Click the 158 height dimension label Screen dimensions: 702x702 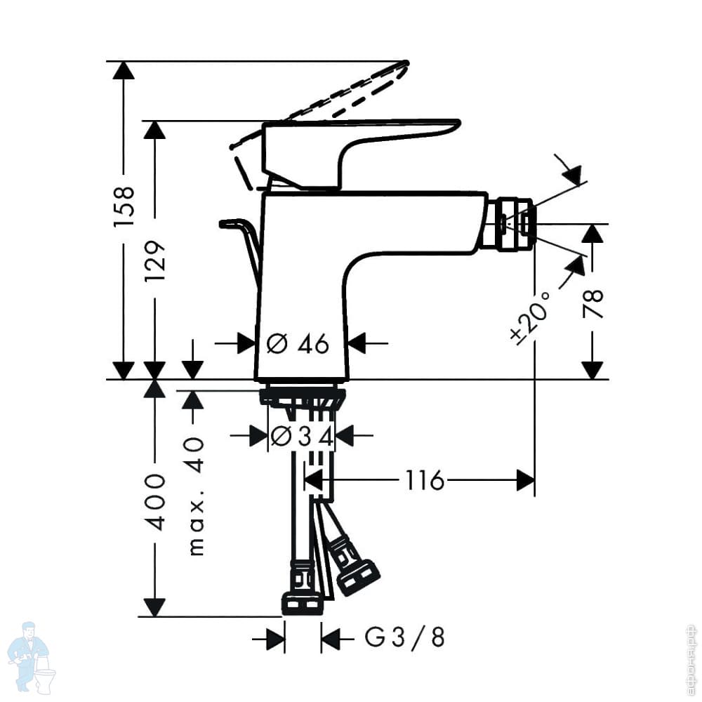coord(124,206)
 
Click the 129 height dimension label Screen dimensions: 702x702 coord(155,261)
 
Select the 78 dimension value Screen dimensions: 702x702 coord(593,304)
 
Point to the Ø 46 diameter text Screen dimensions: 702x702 coord(298,344)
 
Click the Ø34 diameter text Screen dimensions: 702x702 coord(302,437)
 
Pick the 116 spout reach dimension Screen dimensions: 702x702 coord(425,480)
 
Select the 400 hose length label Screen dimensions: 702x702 coord(156,502)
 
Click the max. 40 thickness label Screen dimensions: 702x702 coord(196,496)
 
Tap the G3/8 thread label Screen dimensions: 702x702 coord(405,637)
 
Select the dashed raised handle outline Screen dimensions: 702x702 coord(322,105)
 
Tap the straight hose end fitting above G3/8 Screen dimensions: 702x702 coord(301,590)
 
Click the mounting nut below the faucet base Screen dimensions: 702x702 coord(303,397)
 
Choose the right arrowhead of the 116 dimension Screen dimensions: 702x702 coord(526,480)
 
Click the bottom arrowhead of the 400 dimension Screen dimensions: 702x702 coord(155,607)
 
